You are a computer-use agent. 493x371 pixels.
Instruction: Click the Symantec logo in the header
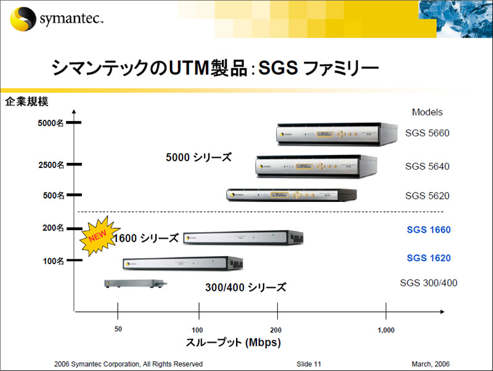click(57, 19)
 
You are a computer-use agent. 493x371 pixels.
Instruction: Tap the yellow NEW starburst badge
click(99, 236)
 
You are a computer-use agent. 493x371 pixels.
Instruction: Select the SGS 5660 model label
click(427, 133)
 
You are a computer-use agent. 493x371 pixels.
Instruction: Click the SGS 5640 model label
click(427, 166)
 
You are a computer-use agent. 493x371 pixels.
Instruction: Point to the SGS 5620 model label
click(427, 196)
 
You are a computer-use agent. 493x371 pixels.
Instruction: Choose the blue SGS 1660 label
click(428, 230)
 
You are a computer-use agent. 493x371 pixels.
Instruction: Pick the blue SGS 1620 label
click(428, 258)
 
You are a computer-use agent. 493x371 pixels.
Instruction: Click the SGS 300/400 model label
click(428, 283)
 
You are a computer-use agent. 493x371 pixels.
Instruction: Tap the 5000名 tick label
click(51, 123)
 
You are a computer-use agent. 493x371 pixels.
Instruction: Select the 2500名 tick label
click(51, 165)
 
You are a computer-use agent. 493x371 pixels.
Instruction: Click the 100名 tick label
click(54, 261)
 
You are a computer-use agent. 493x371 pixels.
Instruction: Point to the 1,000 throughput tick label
click(386, 330)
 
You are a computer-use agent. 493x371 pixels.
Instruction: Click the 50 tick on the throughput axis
click(118, 311)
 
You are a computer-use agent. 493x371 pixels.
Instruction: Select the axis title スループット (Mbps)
click(233, 343)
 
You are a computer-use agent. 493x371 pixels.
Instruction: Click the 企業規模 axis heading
click(26, 101)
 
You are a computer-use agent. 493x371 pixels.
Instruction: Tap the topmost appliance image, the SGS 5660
click(336, 134)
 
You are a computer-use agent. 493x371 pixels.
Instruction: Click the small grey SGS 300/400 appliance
click(136, 283)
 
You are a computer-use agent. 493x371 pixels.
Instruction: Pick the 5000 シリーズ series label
click(198, 157)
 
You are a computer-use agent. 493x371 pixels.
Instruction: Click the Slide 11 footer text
click(309, 364)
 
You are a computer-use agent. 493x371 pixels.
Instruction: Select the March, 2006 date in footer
click(431, 364)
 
